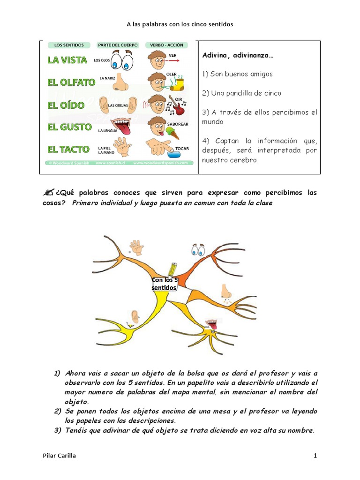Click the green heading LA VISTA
pyautogui.click(x=67, y=60)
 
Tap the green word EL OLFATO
pyautogui.click(x=71, y=82)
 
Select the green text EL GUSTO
pyautogui.click(x=69, y=127)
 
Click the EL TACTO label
pyautogui.click(x=68, y=150)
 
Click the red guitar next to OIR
pyautogui.click(x=179, y=106)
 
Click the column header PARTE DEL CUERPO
pyautogui.click(x=118, y=45)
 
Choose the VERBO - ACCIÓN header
pyautogui.click(x=167, y=45)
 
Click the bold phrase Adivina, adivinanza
pyautogui.click(x=238, y=55)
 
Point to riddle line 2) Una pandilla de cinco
pyautogui.click(x=241, y=93)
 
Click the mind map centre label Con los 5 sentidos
pyautogui.click(x=165, y=284)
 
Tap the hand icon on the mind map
pyautogui.click(x=136, y=247)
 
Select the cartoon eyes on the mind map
pyautogui.click(x=198, y=249)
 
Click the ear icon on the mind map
pyautogui.click(x=135, y=316)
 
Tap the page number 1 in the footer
pyautogui.click(x=315, y=455)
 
